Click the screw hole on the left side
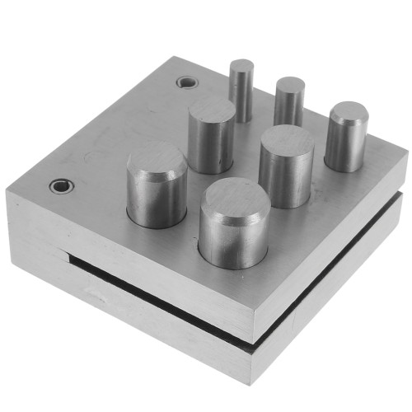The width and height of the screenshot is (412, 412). (x=58, y=185)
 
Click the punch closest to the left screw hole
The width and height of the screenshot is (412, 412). (x=156, y=185)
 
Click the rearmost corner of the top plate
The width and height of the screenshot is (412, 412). (x=176, y=57)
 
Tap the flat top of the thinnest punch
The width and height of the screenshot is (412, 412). (x=242, y=65)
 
